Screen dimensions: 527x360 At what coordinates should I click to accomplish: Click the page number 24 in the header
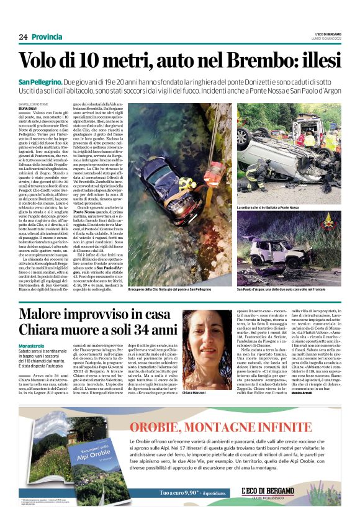tap(23, 37)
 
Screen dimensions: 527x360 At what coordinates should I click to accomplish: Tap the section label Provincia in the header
tap(47, 37)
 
